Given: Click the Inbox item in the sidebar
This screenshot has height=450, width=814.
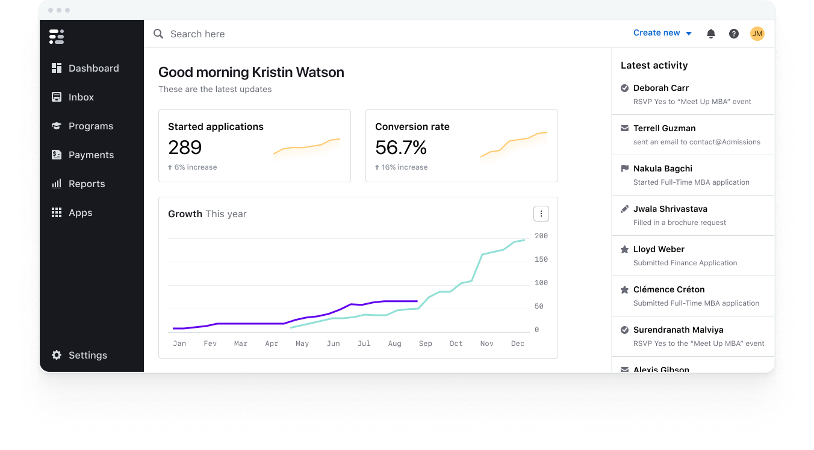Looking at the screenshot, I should pos(81,97).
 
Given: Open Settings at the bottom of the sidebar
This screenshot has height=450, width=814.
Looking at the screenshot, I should pos(87,355).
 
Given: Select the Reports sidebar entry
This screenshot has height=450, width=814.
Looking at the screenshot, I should pos(86,183).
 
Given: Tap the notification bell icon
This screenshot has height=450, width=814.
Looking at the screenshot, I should pos(711,34).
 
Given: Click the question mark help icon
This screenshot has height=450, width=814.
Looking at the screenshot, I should pos(734,34).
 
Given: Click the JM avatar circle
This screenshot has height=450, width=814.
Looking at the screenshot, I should pos(757,34).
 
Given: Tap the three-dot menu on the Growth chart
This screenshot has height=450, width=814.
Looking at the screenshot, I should pos(541,214).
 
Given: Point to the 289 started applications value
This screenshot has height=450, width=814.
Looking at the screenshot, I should pos(185,147).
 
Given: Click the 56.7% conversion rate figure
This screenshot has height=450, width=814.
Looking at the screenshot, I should pos(400,147).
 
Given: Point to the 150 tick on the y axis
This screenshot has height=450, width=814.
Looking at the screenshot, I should pos(541,259).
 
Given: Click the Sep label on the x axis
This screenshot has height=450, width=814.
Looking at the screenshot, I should pos(426,344).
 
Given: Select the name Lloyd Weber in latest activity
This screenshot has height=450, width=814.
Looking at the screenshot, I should pos(659,249).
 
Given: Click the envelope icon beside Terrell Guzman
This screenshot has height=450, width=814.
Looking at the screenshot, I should pos(625,128).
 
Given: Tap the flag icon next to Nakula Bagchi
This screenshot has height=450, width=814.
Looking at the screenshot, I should pos(625,168).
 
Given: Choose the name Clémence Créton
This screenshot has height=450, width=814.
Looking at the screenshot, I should pos(669,289).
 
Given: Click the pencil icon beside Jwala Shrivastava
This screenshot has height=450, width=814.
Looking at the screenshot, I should pos(625,209).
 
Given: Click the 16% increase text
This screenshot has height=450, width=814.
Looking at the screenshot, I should pos(404,167).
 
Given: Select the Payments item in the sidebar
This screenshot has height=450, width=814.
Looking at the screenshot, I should pos(91,155).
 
